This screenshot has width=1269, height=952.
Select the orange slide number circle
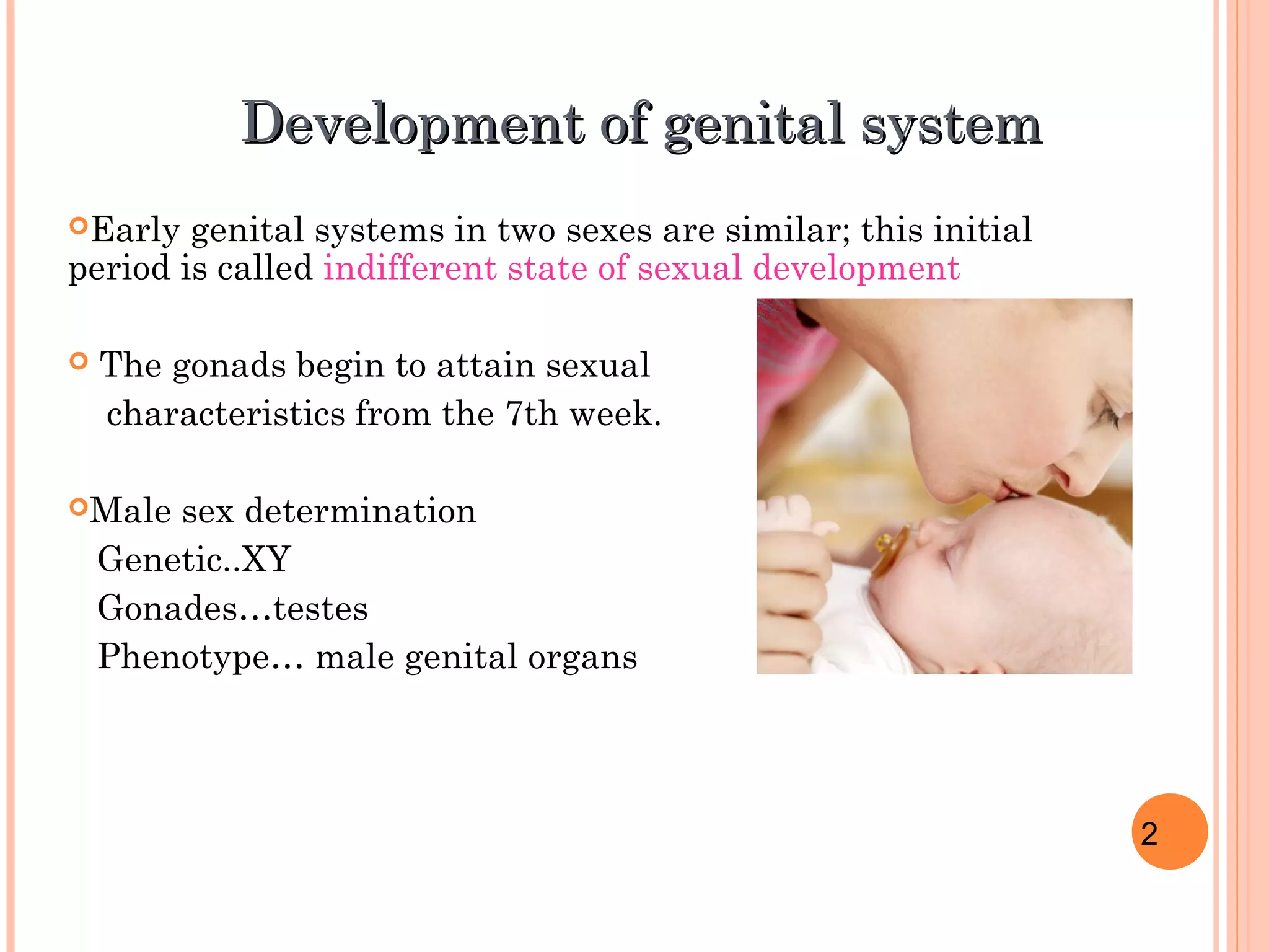[1169, 831]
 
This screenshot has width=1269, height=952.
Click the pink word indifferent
[410, 268]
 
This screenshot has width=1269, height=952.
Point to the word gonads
[229, 365]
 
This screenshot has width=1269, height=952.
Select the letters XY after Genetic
[266, 559]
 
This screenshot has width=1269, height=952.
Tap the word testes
[320, 609]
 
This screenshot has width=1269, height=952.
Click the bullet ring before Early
[79, 226]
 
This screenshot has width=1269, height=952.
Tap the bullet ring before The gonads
[79, 361]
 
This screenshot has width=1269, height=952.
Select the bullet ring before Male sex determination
[79, 508]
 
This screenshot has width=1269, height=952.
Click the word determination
[360, 511]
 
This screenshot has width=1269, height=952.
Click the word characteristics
[226, 414]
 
